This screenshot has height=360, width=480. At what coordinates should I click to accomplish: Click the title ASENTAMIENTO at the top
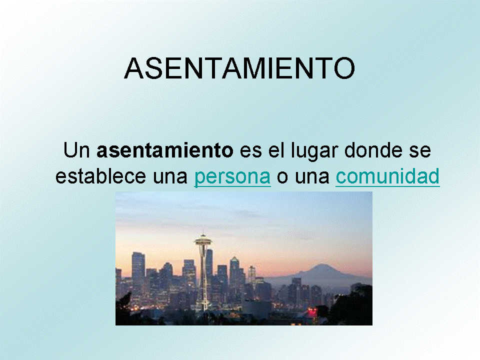239,68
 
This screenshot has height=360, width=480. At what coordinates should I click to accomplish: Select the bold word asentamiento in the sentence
164,150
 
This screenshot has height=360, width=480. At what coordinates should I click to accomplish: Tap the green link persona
232,177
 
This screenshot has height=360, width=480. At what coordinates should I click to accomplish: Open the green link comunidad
387,176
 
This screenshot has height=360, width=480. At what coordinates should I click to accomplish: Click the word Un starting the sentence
76,150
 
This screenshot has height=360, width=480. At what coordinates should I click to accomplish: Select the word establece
100,176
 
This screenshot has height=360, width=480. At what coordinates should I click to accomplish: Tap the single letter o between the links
282,178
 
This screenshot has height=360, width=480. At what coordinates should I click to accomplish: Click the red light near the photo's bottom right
312,311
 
